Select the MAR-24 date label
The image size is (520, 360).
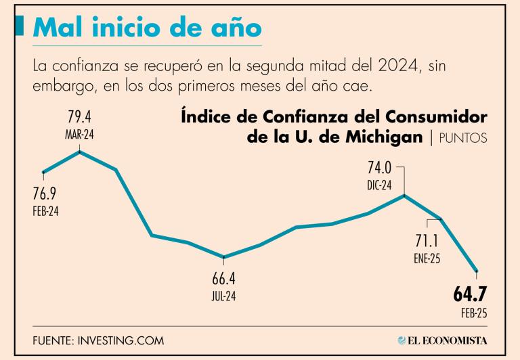tap(79, 135)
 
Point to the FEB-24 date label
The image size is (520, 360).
tap(45, 210)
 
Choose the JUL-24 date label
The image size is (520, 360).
tap(224, 295)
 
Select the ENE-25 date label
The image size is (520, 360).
tap(426, 258)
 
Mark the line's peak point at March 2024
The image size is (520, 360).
tap(80, 152)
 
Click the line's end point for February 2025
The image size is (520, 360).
tap(477, 271)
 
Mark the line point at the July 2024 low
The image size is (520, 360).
tap(224, 257)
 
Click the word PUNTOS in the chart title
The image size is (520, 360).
tap(462, 138)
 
